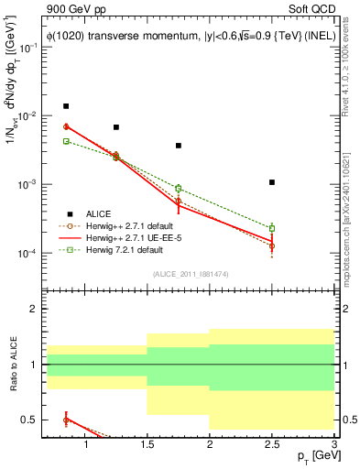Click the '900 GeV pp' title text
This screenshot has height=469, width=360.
(x=71, y=9)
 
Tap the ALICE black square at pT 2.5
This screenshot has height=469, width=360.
(x=272, y=182)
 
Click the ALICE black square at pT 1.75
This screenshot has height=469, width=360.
(x=179, y=146)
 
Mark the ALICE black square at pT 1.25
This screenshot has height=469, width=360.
(x=115, y=127)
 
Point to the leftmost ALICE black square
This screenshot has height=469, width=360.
(x=66, y=106)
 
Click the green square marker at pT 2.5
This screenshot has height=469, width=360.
(x=272, y=228)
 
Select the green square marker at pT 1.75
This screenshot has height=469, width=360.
(x=179, y=189)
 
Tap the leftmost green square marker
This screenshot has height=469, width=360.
(x=66, y=141)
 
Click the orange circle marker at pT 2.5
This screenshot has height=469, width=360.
(x=272, y=246)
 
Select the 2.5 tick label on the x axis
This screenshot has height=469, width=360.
(x=272, y=445)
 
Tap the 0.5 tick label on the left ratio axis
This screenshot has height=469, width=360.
(x=34, y=420)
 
